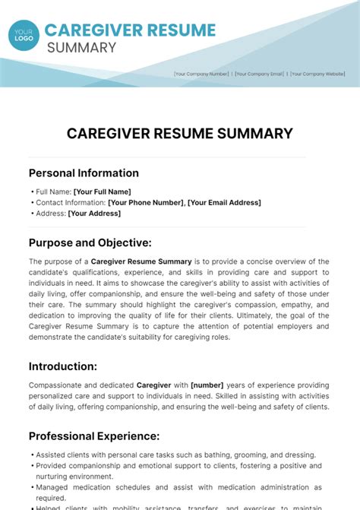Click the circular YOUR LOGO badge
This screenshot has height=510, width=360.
24,35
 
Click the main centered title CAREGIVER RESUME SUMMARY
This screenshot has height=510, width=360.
180,134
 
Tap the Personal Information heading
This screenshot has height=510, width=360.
84,173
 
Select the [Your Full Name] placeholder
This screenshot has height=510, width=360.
102,192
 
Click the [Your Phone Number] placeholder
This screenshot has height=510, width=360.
146,202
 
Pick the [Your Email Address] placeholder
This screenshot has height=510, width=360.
224,202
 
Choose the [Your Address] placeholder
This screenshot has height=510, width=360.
94,214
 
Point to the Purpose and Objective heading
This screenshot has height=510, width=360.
90,242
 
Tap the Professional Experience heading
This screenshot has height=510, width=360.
94,436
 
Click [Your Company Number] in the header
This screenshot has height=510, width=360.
201,74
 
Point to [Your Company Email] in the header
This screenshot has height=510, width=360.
261,74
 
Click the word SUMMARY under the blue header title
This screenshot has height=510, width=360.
81,48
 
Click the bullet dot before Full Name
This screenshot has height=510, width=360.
32,192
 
